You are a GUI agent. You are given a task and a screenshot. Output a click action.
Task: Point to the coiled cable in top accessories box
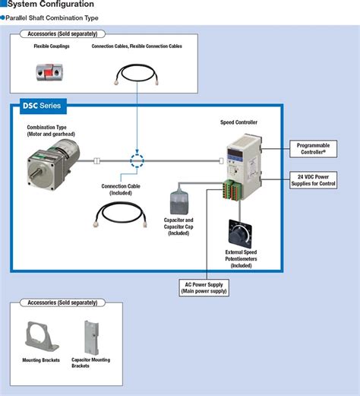click(x=137, y=71)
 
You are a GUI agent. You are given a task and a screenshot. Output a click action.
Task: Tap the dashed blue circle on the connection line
click(x=137, y=160)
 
